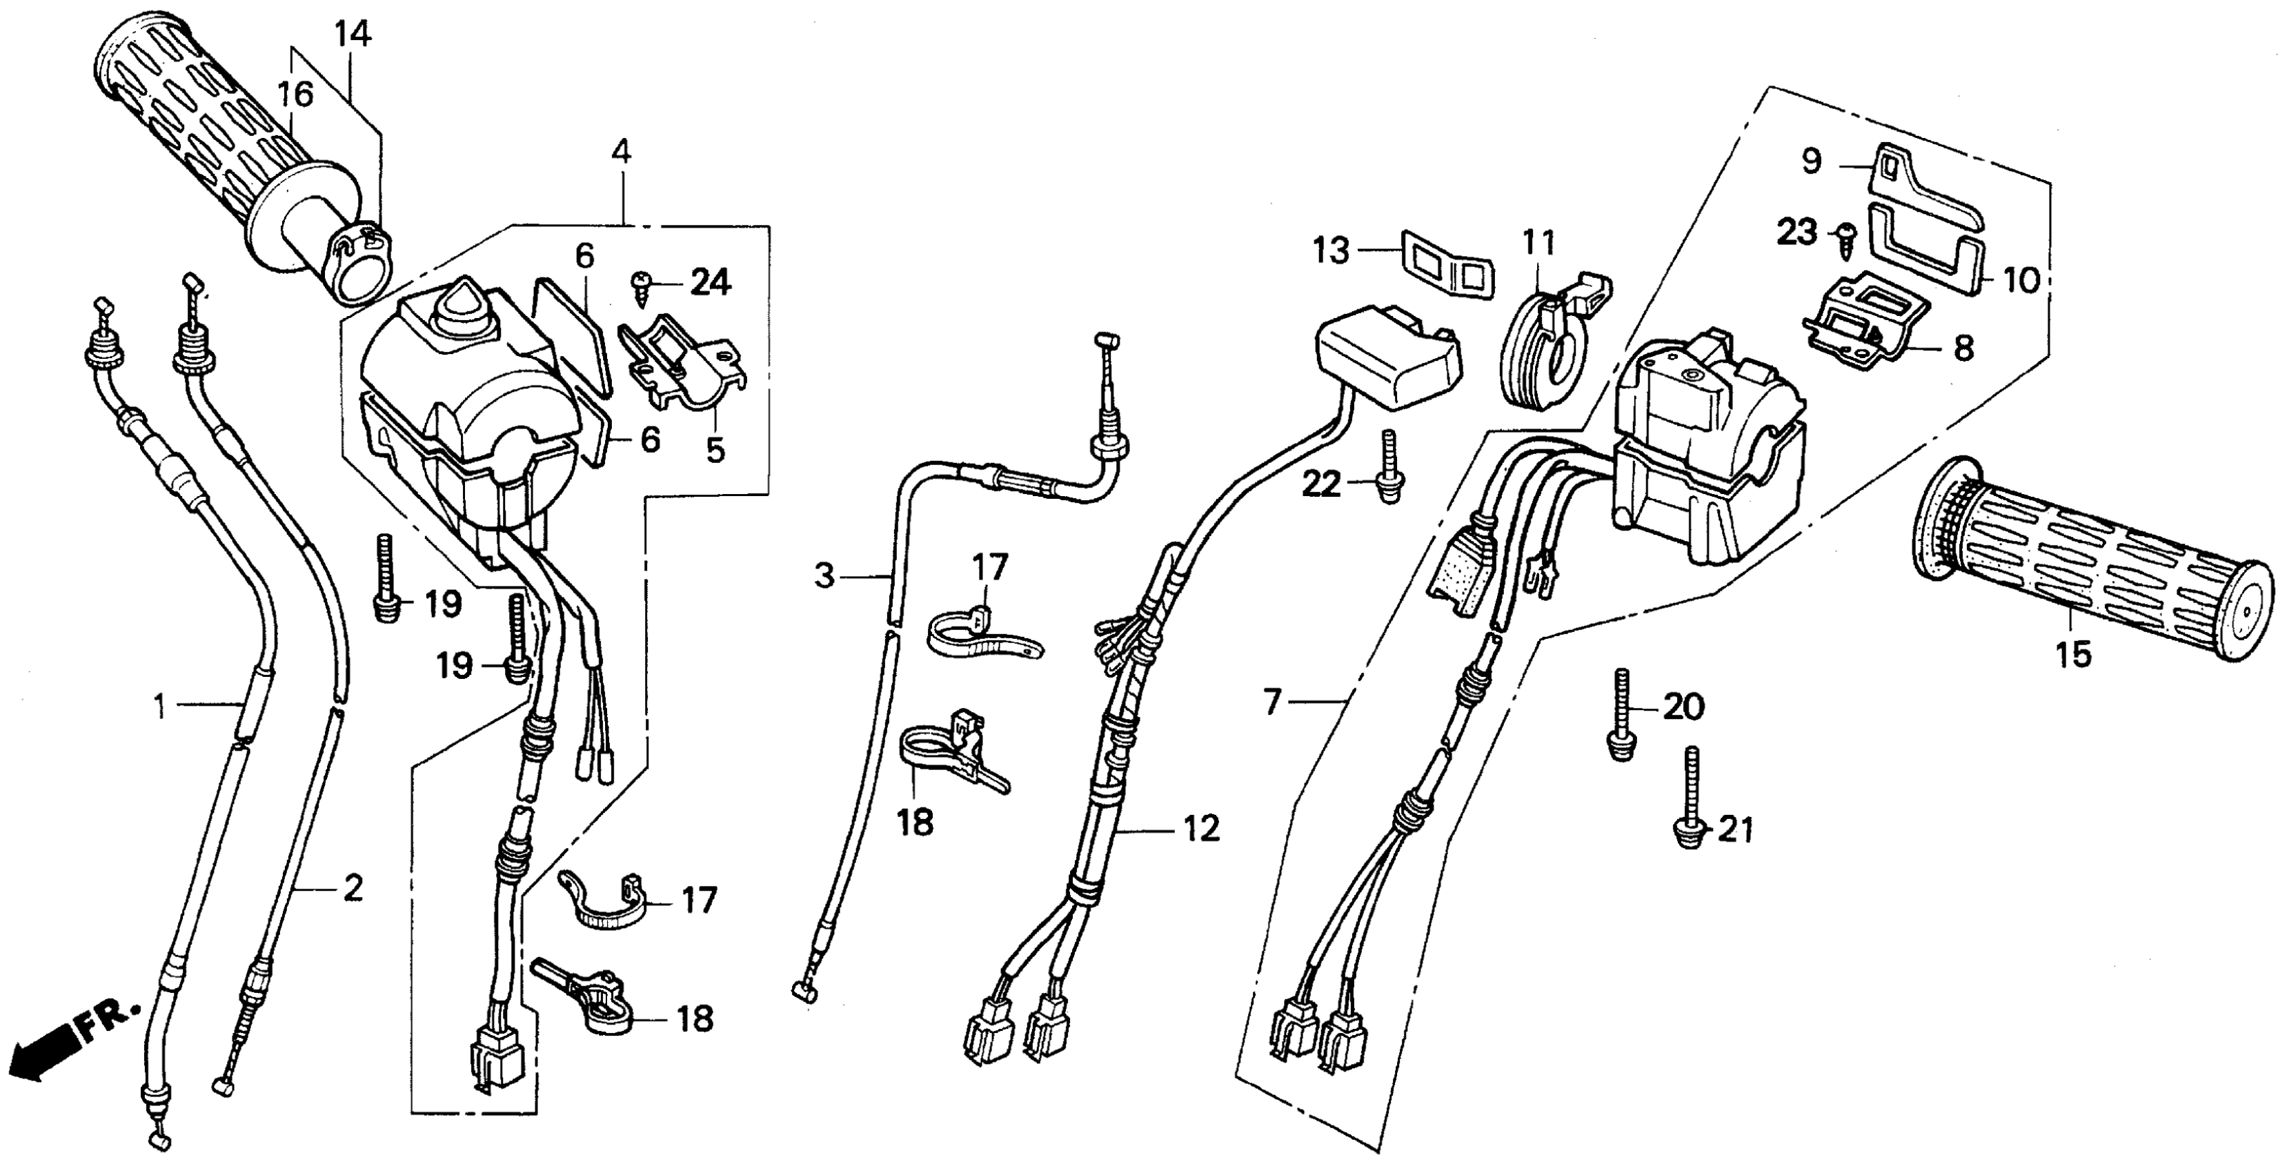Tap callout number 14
[x=353, y=34]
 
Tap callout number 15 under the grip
[x=2073, y=654]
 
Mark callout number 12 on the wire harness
[x=1200, y=829]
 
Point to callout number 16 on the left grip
[x=296, y=94]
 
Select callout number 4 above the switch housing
[x=622, y=152]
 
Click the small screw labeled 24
[x=640, y=284]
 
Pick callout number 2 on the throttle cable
[x=353, y=887]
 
